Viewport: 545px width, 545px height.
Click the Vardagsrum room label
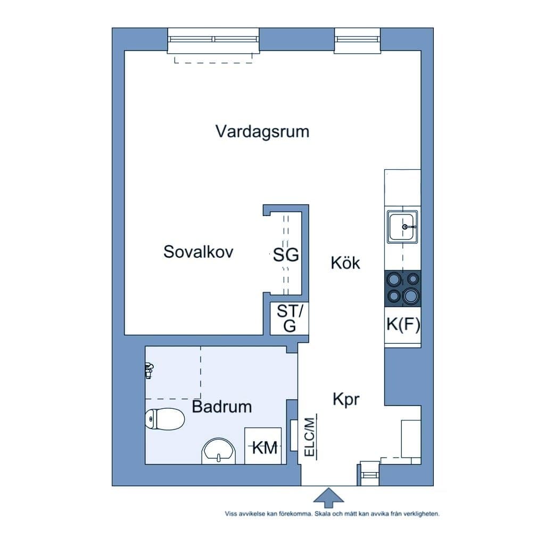(x=262, y=131)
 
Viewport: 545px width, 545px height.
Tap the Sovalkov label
(x=198, y=252)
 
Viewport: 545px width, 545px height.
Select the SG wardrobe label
(x=286, y=255)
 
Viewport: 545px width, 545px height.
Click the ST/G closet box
(x=289, y=319)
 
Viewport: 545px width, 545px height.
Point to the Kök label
(x=345, y=263)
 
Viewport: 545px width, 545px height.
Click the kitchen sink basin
(x=402, y=227)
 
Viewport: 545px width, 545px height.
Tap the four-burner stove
(x=402, y=288)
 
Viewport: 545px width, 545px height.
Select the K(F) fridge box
(x=402, y=325)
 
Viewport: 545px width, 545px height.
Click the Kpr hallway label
(x=346, y=400)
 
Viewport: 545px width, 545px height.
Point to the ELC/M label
(x=310, y=436)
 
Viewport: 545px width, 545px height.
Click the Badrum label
(x=221, y=407)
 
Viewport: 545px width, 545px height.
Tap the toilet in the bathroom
(x=164, y=419)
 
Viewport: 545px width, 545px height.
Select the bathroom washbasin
(x=219, y=451)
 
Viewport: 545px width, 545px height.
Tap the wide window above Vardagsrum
(x=213, y=40)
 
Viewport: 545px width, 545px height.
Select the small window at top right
(x=358, y=40)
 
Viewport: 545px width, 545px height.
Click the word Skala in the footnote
(x=324, y=515)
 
